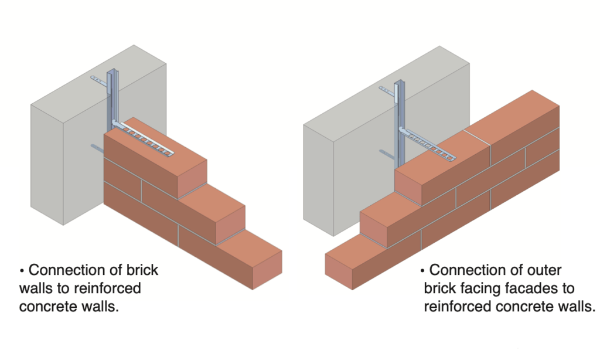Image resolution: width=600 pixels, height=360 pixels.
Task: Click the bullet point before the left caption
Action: pyautogui.click(x=22, y=271)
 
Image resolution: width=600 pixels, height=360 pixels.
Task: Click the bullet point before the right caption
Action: pyautogui.click(x=423, y=271)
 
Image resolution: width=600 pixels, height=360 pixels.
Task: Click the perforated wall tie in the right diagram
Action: pyautogui.click(x=431, y=144)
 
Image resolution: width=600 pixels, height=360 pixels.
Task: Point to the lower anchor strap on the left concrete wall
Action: pyautogui.click(x=97, y=148)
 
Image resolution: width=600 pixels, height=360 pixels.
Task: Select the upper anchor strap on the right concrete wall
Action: pyautogui.click(x=386, y=90)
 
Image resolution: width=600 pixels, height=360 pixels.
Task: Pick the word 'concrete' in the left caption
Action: pyautogui.click(x=52, y=307)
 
